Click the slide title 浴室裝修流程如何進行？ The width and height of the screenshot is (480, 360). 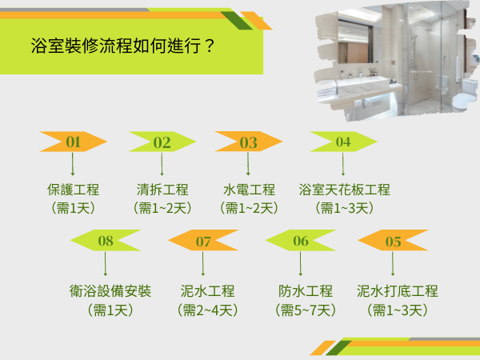(x=121, y=44)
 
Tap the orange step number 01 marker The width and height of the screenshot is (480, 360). (x=74, y=142)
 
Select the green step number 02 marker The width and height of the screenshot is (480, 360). (x=162, y=142)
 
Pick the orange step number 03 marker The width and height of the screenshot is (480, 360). (x=248, y=142)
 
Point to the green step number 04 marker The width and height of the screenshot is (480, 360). (x=343, y=142)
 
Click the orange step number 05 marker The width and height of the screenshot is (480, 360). (x=393, y=240)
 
